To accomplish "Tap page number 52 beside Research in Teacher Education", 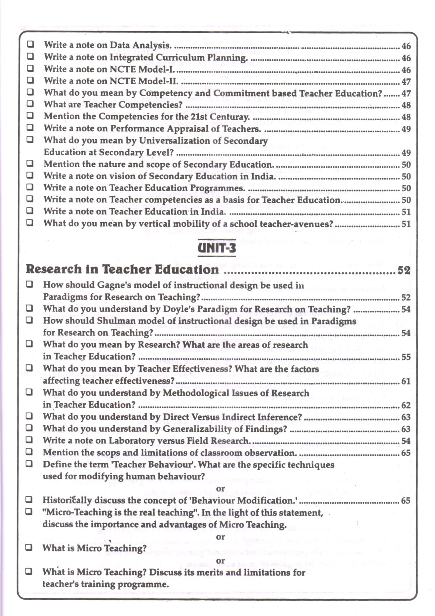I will [404, 270].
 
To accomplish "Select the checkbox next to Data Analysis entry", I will [30, 44].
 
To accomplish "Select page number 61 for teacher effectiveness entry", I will [406, 381].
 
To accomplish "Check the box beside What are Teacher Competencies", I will [30, 104].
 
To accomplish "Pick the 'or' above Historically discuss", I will [220, 489].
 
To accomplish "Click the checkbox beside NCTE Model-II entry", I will [30, 80].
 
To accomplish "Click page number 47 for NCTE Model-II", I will [406, 82].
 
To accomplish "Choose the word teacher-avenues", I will [297, 224].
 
